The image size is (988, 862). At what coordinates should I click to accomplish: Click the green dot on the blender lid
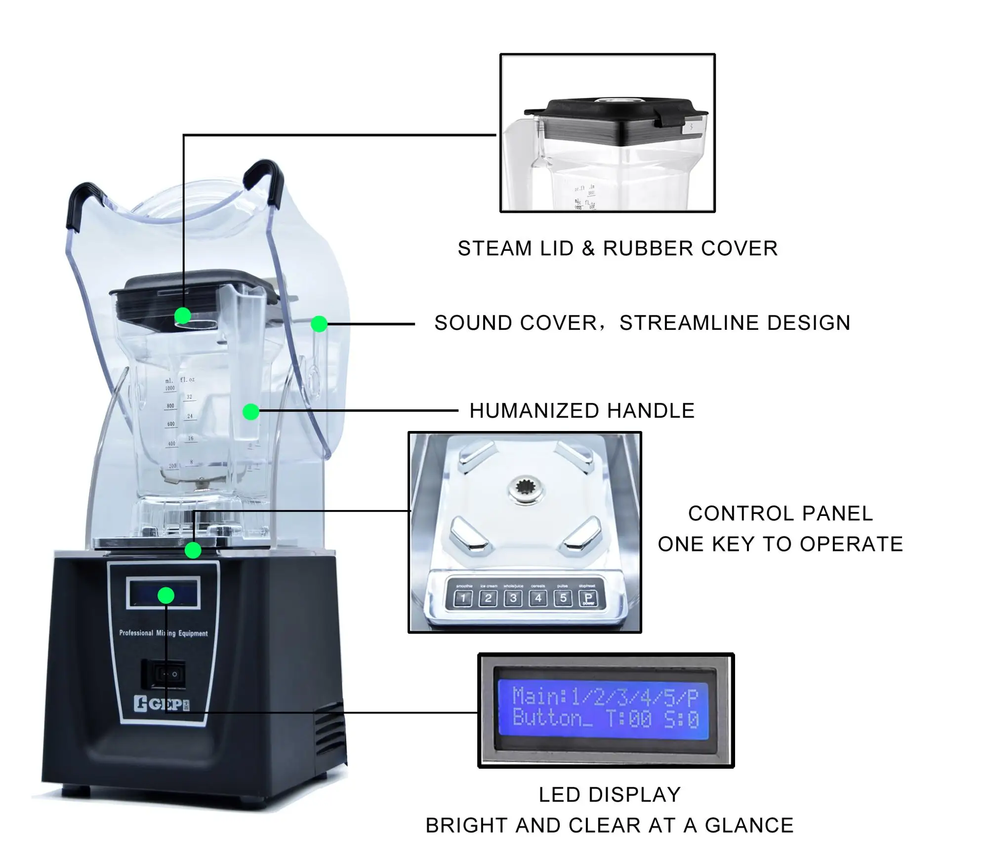(183, 315)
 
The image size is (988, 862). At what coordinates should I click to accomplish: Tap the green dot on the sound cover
(319, 324)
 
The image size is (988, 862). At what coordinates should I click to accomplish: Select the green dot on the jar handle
(251, 411)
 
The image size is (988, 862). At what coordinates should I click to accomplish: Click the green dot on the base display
(166, 595)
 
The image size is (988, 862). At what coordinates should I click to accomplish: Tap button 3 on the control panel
(513, 598)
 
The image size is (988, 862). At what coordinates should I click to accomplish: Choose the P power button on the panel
(588, 598)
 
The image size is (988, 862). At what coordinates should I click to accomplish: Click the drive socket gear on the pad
(527, 490)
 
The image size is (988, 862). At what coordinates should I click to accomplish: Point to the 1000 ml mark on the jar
(170, 388)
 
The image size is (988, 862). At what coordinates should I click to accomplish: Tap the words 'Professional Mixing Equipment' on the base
(164, 633)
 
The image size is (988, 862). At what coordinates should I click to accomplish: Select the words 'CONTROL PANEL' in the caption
(780, 513)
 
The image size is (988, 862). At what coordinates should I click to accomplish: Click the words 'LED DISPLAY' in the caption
(610, 795)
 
